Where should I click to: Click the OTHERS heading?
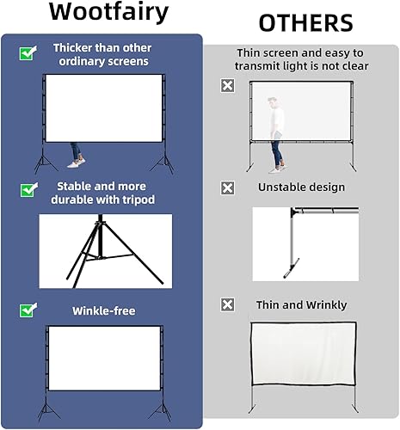(x=305, y=22)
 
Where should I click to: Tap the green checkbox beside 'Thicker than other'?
(x=27, y=53)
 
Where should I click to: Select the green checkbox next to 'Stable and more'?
(x=27, y=188)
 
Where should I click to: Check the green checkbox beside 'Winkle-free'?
(x=27, y=310)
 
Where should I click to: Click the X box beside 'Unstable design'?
(x=227, y=187)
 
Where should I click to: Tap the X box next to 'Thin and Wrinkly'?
(x=227, y=304)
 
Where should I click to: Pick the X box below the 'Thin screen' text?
(x=227, y=85)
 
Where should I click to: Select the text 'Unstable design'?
(x=301, y=187)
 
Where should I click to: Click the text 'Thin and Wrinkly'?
(x=301, y=304)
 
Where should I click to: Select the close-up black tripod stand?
(x=102, y=249)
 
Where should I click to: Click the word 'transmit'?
(x=264, y=66)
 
